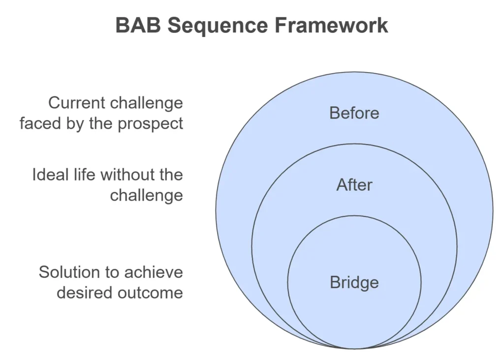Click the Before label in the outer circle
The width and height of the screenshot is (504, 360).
tap(354, 113)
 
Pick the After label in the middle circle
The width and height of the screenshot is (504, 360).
tap(354, 185)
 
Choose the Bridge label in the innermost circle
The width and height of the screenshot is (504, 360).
tap(354, 283)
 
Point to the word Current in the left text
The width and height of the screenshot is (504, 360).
tap(76, 103)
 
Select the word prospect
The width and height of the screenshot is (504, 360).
tap(150, 124)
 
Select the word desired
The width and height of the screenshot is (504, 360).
tap(85, 293)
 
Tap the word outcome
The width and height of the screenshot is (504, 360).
tap(150, 293)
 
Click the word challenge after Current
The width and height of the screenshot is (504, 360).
tap(146, 103)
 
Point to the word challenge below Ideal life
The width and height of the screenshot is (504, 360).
tap(146, 196)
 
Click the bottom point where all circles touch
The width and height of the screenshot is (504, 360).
tap(354, 349)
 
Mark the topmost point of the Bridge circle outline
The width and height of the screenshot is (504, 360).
tap(354, 215)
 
